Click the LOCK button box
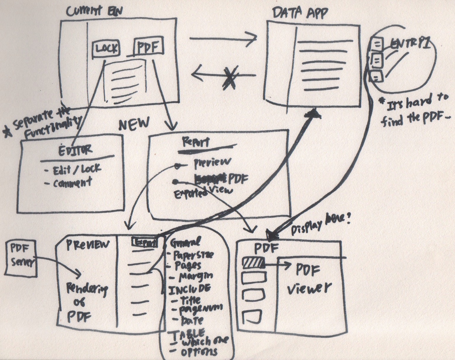pyautogui.click(x=106, y=48)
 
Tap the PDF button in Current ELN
pyautogui.click(x=148, y=47)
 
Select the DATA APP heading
pyautogui.click(x=300, y=13)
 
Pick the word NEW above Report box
pyautogui.click(x=134, y=124)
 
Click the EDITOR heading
pyautogui.click(x=75, y=150)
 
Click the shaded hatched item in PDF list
pyautogui.click(x=254, y=264)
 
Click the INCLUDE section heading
pyautogui.click(x=189, y=288)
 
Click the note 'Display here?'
pyautogui.click(x=320, y=224)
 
